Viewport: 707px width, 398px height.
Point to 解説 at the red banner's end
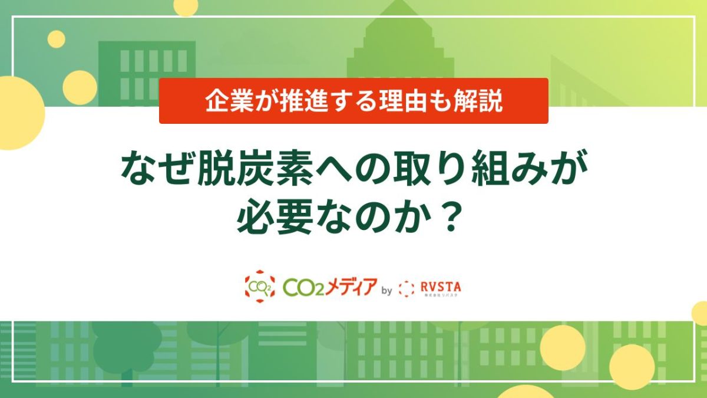click(x=482, y=101)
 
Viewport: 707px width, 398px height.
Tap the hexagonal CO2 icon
click(x=259, y=286)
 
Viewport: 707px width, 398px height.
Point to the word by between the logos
click(x=387, y=290)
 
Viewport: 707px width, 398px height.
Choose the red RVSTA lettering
click(x=441, y=285)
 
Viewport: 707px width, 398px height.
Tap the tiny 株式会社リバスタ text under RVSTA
click(x=441, y=295)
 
